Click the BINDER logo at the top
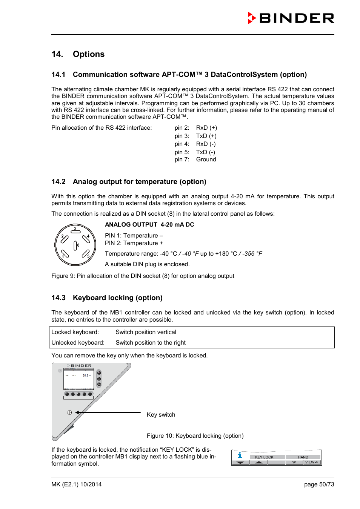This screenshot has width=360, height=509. pos(291,18)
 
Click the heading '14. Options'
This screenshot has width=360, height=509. pos(78,54)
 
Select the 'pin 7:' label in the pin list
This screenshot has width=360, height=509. pos(182,159)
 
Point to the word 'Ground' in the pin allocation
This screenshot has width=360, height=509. pos(206,159)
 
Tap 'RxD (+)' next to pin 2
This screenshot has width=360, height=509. pos(206,128)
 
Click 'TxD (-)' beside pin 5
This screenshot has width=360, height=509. pos(206,152)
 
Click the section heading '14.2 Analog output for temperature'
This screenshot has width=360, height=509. pos(129,182)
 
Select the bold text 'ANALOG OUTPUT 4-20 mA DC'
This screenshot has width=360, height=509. pos(149,225)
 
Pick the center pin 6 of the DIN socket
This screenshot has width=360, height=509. pos(75,245)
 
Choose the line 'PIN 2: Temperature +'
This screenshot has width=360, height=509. pos(134,243)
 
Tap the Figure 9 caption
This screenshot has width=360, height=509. pos(143,276)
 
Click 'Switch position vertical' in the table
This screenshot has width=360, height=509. pos(146,332)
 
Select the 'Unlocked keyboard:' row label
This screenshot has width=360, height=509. pos(78,343)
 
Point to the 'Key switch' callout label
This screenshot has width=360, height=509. pos(161,415)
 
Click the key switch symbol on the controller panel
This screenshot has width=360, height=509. pos(70,412)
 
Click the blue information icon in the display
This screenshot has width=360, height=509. pos(240,455)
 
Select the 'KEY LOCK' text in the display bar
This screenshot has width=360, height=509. pos(264,457)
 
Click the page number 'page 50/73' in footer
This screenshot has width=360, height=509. pos(319,484)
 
